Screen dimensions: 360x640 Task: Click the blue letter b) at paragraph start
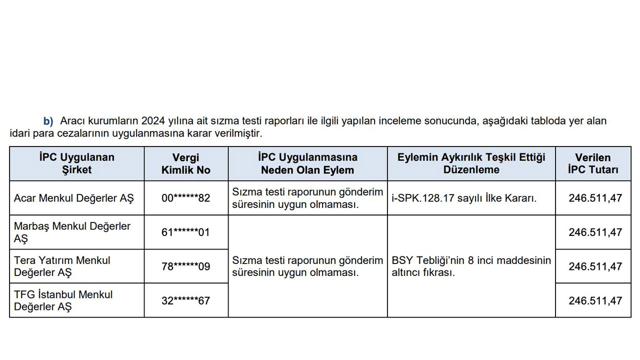click(48, 121)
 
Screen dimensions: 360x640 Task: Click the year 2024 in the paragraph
click(152, 121)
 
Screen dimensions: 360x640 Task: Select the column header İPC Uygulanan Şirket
click(76, 163)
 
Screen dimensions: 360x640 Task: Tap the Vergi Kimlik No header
click(186, 163)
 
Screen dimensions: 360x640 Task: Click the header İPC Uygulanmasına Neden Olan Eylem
click(307, 163)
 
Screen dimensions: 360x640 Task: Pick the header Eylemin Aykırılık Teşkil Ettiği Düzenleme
click(471, 163)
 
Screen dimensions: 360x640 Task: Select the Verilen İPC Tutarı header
click(593, 163)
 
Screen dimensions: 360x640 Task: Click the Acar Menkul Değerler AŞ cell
click(74, 198)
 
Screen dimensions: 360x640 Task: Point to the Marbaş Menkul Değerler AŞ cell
click(72, 232)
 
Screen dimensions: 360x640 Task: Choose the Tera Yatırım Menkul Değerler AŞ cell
click(62, 266)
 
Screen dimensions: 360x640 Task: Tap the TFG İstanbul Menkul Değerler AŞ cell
click(63, 300)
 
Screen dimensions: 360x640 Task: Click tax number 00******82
click(186, 198)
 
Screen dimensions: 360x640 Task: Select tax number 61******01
click(186, 232)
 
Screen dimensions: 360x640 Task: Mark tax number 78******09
click(186, 266)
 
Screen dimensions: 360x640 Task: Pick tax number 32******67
click(186, 300)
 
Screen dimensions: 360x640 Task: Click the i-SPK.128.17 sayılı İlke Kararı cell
click(464, 198)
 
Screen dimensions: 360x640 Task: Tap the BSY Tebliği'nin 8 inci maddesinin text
click(471, 260)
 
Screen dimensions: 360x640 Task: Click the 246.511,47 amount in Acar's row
click(595, 198)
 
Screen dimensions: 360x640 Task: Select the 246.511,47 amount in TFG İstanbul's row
click(595, 300)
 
